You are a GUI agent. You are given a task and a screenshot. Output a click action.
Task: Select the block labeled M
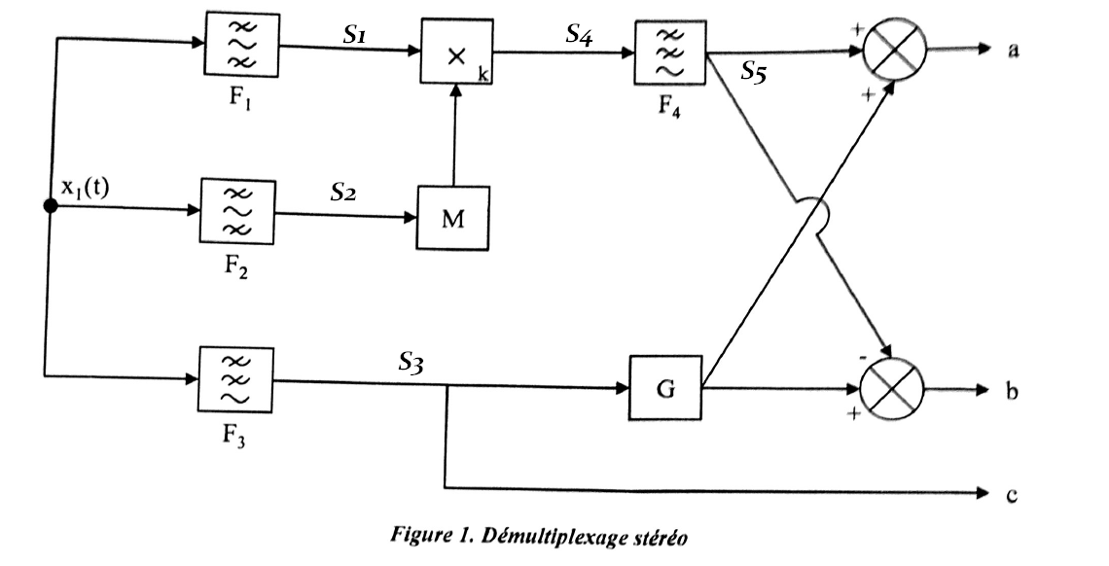[x=453, y=215]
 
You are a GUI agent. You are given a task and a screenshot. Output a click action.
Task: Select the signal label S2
[x=341, y=193]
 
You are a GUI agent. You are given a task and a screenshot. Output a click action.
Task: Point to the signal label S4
[x=581, y=35]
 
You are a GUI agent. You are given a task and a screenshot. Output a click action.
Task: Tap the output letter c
[x=1012, y=495]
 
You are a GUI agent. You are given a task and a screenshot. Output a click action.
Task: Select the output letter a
[x=1013, y=51]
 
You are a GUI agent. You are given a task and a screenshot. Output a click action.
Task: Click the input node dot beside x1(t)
[x=50, y=206]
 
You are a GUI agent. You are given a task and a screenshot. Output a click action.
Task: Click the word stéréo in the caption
[x=662, y=537]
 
